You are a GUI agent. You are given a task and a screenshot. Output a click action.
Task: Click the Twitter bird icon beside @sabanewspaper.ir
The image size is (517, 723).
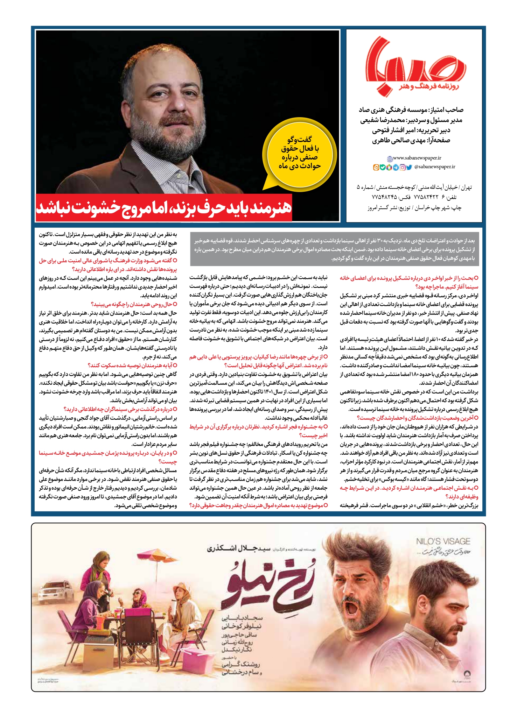tap(409, 167)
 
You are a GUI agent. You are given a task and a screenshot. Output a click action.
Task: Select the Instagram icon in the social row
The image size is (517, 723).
tap(403, 167)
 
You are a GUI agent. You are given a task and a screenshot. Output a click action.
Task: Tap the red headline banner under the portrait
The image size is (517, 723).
tap(164, 208)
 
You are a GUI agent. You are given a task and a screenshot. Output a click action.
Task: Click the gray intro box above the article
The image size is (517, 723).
tap(335, 249)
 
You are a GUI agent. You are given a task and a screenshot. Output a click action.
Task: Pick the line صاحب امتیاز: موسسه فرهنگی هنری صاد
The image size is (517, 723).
tap(411, 110)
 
